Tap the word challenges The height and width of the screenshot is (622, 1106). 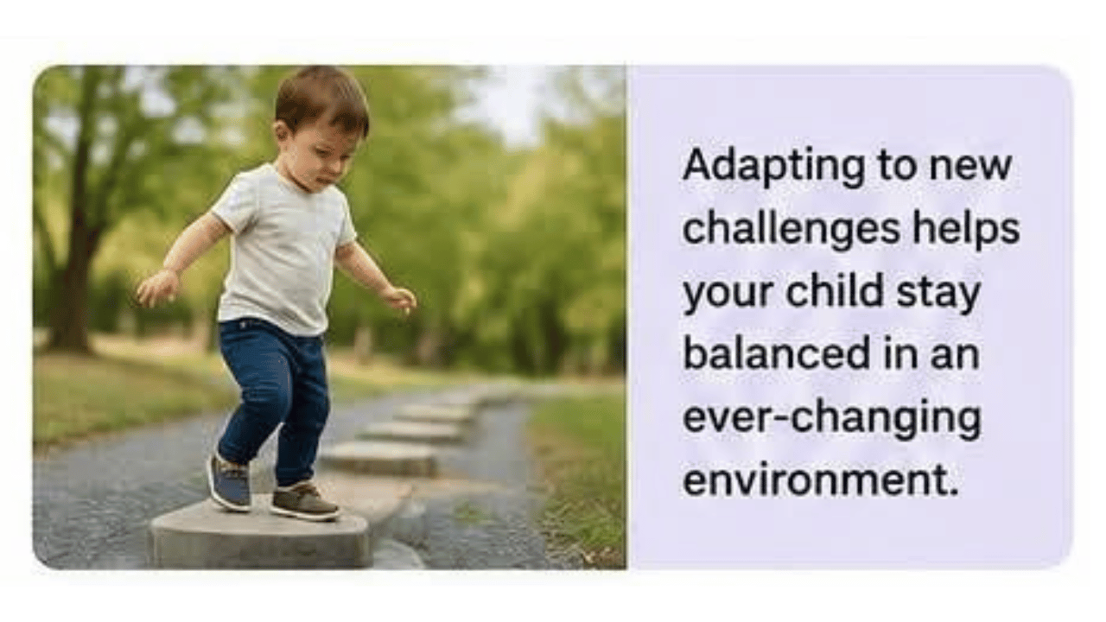click(x=791, y=230)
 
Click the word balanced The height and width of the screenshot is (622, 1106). click(x=776, y=352)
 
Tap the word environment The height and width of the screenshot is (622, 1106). click(x=821, y=478)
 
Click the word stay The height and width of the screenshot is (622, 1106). click(x=938, y=293)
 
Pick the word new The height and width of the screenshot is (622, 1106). click(x=970, y=168)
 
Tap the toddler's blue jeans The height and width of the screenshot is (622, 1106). click(x=274, y=395)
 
